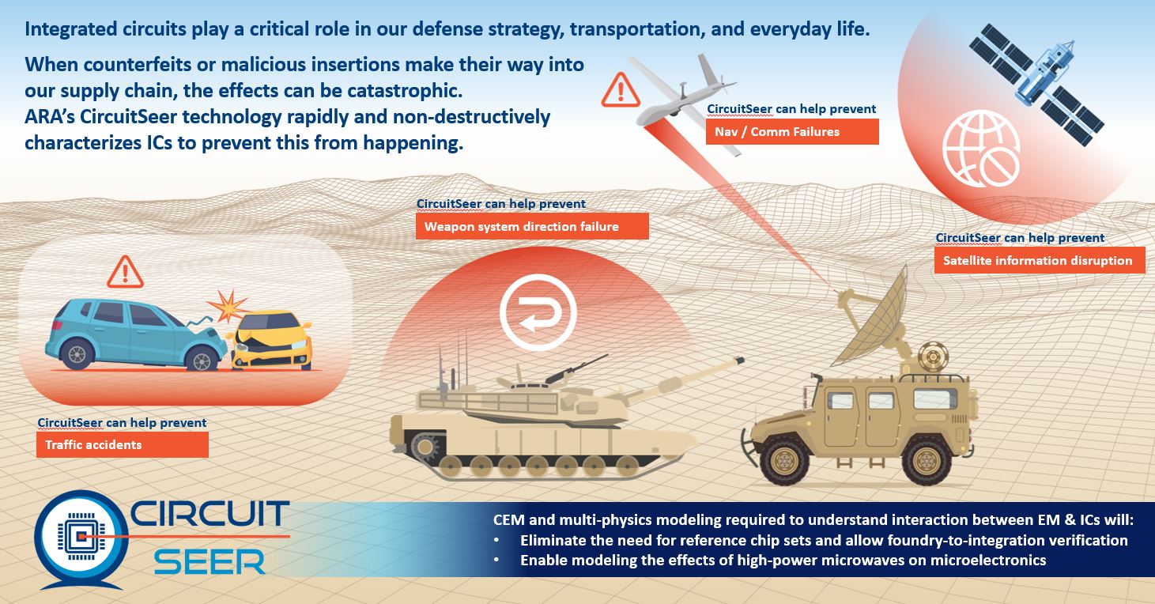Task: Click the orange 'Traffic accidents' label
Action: (x=123, y=444)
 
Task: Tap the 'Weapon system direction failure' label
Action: (x=532, y=226)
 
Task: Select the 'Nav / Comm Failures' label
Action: (x=792, y=131)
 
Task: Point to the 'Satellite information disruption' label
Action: (x=1040, y=260)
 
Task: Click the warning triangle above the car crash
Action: (x=125, y=272)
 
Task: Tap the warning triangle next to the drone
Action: (x=621, y=90)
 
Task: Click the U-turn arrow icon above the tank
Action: (x=538, y=312)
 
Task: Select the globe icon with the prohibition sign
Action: (x=981, y=149)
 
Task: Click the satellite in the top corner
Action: (x=1036, y=85)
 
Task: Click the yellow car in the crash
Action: (x=271, y=341)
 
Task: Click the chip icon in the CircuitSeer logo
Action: (x=81, y=537)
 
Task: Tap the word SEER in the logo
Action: (x=209, y=562)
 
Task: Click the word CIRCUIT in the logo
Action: (x=209, y=513)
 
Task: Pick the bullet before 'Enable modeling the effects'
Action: (x=496, y=561)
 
